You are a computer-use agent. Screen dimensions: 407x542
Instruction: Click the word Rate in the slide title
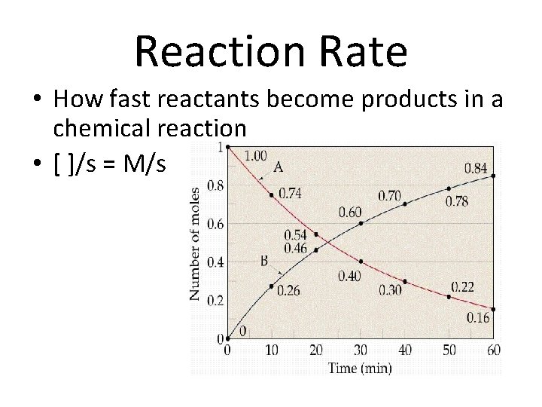click(358, 52)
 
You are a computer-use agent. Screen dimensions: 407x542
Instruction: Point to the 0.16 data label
click(477, 319)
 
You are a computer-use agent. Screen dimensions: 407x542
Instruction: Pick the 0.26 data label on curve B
click(289, 290)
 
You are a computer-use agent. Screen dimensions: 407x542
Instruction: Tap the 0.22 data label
click(464, 286)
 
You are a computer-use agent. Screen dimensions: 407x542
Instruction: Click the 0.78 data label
click(457, 201)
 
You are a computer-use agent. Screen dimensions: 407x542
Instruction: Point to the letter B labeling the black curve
click(265, 262)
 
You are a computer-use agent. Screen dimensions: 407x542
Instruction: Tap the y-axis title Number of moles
click(196, 243)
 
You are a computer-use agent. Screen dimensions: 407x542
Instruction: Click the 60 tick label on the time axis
click(494, 350)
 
